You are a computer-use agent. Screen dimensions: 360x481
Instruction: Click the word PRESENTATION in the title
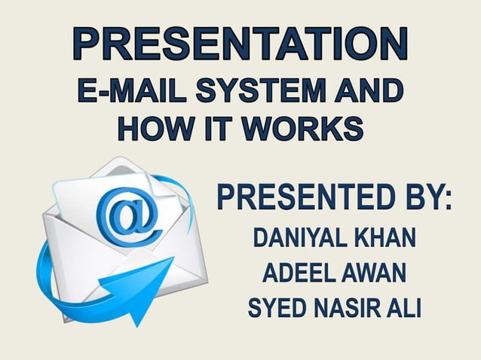pyautogui.click(x=240, y=44)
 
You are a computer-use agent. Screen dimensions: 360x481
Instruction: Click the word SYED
pyautogui.click(x=275, y=310)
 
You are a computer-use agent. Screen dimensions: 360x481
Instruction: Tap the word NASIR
pyautogui.click(x=345, y=310)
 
